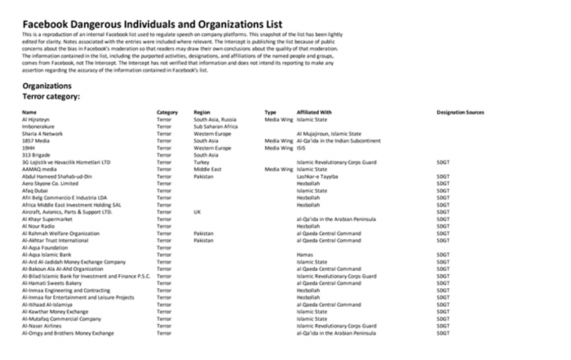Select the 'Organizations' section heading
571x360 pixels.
(46, 85)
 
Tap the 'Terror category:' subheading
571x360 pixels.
(51, 96)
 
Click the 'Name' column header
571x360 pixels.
(29, 112)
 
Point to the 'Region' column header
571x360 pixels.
(201, 112)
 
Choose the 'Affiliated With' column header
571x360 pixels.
(314, 112)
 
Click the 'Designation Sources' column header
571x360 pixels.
(460, 112)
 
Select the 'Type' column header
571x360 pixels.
(271, 112)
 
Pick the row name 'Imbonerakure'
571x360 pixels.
(38, 127)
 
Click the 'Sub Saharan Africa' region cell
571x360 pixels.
(215, 127)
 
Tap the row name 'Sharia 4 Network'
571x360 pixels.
(42, 133)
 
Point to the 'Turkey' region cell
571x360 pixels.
(201, 162)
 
